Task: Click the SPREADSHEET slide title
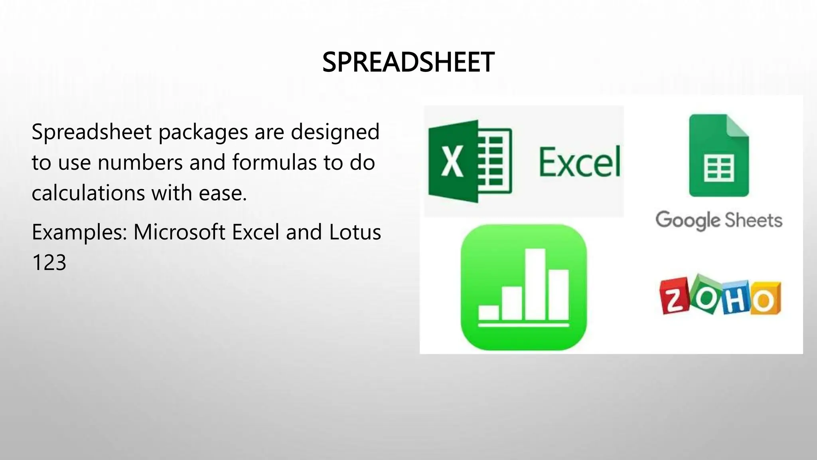pos(408,62)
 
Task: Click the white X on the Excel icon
pos(452,161)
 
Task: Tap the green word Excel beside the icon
pos(580,162)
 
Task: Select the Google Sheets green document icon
pos(718,155)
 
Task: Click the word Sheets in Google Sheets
pos(753,220)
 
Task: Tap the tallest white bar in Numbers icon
pos(535,284)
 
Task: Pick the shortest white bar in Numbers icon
pos(488,312)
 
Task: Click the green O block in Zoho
pos(705,295)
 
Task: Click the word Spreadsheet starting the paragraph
pos(91,133)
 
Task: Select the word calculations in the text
pos(88,193)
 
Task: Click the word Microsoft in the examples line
pos(179,232)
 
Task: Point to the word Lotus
pos(355,232)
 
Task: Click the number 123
pos(49,263)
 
